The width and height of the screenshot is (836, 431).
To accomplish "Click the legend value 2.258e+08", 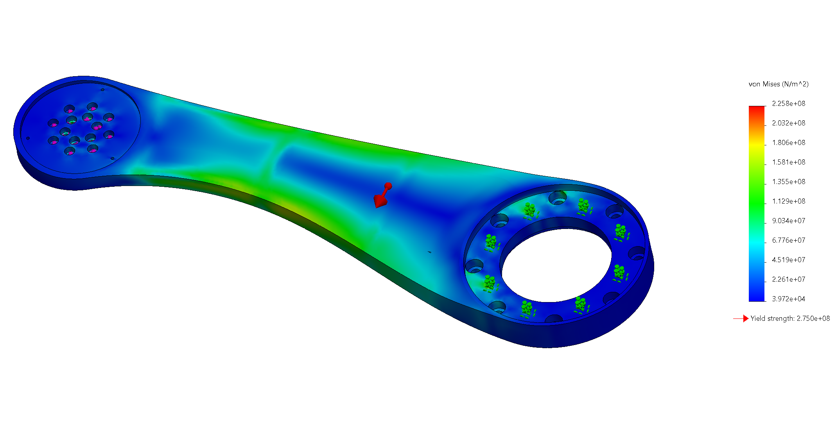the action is [x=788, y=104].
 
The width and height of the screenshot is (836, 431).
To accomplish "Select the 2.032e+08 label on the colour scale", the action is [x=788, y=123].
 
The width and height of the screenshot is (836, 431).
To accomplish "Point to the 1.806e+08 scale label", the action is [x=788, y=143].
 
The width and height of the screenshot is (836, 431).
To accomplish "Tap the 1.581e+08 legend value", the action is [x=788, y=162].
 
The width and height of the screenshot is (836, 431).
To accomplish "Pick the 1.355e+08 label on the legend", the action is [x=788, y=182].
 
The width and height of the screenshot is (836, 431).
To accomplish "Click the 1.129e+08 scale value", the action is [x=788, y=201].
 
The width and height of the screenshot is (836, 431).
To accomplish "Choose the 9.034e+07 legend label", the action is [x=788, y=221].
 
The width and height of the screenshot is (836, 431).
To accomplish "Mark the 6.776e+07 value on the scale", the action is [x=788, y=240].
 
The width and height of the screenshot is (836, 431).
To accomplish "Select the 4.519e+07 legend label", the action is [x=788, y=260].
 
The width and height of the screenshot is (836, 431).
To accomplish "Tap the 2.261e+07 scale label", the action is [x=788, y=279].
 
